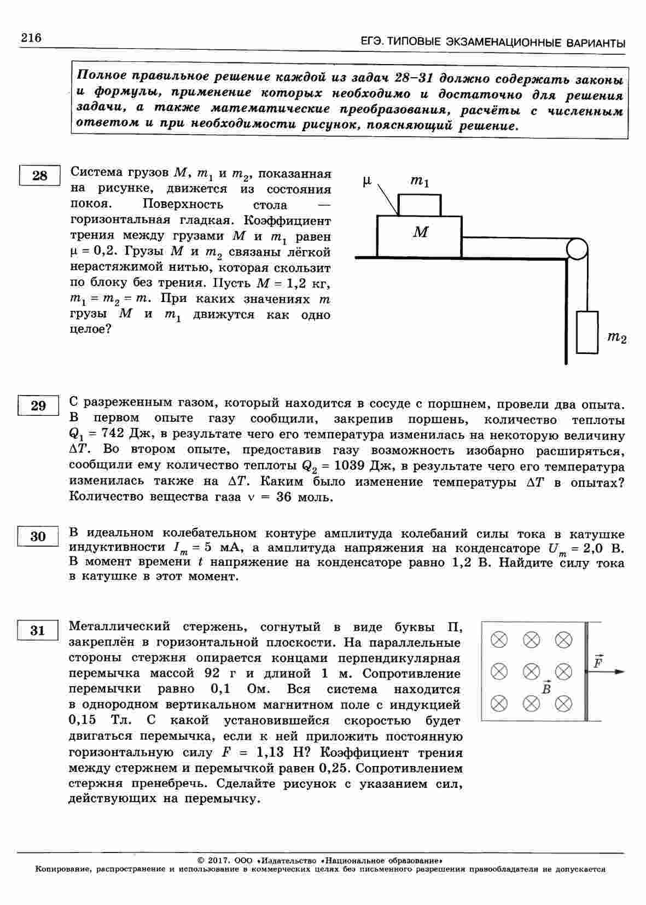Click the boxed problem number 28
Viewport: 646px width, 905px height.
click(x=39, y=176)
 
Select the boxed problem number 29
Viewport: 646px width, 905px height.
click(x=38, y=406)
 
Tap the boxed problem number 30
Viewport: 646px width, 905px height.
click(x=38, y=536)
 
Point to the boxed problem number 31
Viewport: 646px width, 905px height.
click(x=37, y=630)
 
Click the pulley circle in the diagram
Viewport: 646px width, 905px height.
click(x=577, y=250)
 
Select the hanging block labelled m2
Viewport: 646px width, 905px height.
click(x=587, y=332)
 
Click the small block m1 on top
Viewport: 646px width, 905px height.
click(x=419, y=205)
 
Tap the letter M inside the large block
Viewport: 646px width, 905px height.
click(x=420, y=233)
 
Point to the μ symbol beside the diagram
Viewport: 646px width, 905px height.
click(x=368, y=181)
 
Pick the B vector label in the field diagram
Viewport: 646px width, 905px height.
click(x=545, y=688)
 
